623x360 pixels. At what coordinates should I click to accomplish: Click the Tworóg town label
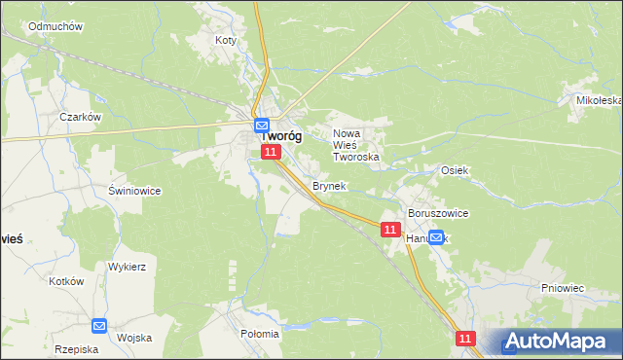point(280,137)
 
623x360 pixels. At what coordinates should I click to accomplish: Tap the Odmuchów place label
point(55,26)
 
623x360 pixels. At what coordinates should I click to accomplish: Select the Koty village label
point(226,41)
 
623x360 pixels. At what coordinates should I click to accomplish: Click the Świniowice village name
point(134,191)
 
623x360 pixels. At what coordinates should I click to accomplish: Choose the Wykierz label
point(127,266)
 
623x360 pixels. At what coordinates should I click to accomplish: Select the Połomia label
point(259,334)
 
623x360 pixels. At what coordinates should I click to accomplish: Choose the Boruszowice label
point(439,213)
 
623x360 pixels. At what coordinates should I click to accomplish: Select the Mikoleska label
point(599,100)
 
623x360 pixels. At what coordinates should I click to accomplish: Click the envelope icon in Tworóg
point(262,126)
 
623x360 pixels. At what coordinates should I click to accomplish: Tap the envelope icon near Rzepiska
point(99,326)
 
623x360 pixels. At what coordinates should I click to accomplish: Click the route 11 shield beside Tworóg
point(271,153)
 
